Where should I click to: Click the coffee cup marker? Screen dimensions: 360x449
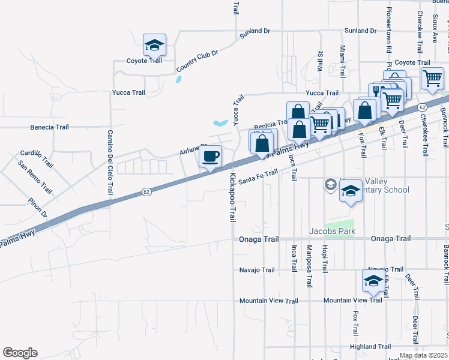point(210,157)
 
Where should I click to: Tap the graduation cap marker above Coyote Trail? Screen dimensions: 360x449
point(154,45)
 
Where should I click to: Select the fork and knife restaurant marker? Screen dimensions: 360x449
point(377,91)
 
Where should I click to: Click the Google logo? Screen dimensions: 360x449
point(20,353)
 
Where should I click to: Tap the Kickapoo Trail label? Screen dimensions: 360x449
point(232,197)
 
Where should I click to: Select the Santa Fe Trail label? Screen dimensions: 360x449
point(258,175)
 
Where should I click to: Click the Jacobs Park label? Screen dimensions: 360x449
point(332,231)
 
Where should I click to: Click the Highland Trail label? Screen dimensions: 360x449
point(370,346)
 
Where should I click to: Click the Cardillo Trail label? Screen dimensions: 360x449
point(37,159)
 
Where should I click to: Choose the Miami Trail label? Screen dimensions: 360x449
point(343,62)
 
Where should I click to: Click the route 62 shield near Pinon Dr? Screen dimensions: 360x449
point(146,192)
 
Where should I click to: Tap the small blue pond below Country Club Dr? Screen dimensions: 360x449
point(178,79)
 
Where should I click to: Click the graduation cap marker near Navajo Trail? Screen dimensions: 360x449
point(373,281)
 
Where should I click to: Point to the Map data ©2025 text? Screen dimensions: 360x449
point(423,355)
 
